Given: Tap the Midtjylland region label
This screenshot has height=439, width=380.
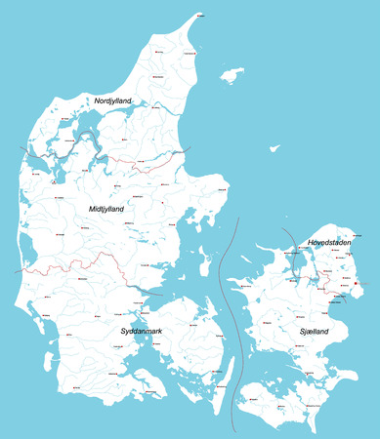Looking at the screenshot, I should (x=106, y=208).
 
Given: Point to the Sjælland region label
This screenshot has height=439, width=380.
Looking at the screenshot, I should (x=309, y=332).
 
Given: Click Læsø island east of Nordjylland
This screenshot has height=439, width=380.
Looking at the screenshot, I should (x=232, y=74).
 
